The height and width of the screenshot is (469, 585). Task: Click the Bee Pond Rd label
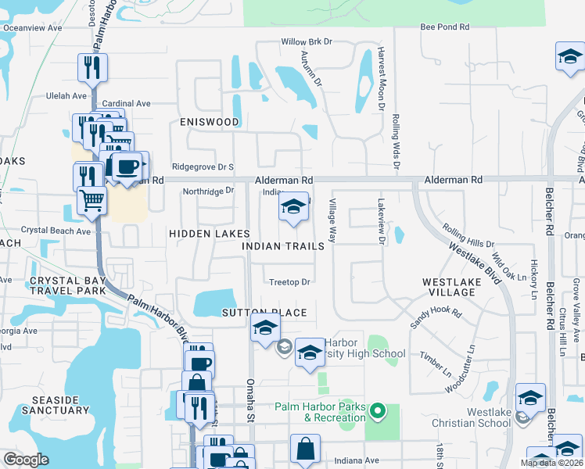[x=444, y=27]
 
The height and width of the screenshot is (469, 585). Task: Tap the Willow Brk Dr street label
[x=307, y=42]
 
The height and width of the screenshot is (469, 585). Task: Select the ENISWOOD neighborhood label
[x=209, y=122]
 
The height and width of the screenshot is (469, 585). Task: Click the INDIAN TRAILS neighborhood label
[x=283, y=246]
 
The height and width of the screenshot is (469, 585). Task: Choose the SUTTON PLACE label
[x=264, y=313]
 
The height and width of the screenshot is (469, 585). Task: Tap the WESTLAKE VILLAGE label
[x=459, y=286]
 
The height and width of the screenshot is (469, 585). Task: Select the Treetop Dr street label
[x=289, y=282]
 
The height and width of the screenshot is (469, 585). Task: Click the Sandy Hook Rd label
[x=436, y=313]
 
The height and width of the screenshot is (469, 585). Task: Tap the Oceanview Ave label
[x=32, y=27]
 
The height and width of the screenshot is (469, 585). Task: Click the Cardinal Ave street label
[x=126, y=103]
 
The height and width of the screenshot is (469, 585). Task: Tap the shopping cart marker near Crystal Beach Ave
[x=92, y=201]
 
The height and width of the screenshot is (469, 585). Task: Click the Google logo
[x=27, y=460]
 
